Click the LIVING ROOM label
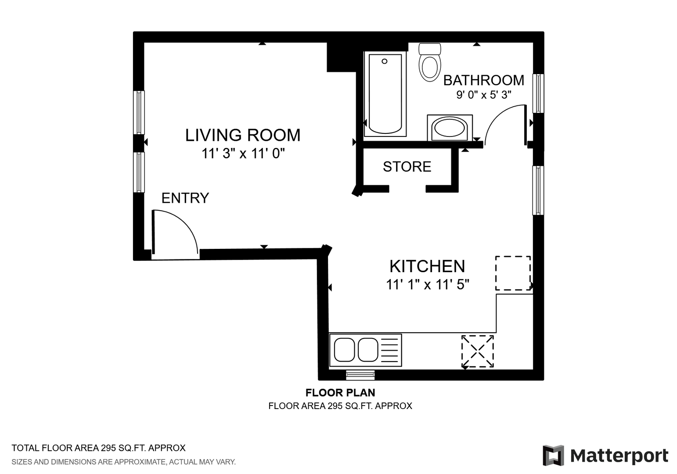(x=243, y=135)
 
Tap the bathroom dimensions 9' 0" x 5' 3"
(x=483, y=95)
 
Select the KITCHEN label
(x=427, y=266)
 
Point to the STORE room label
(x=407, y=167)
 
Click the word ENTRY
(x=185, y=198)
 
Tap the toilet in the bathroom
(x=429, y=62)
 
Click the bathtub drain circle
(x=385, y=61)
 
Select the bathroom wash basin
(x=450, y=128)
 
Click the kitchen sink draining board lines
(x=389, y=350)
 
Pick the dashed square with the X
(x=478, y=351)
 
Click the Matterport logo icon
(x=553, y=455)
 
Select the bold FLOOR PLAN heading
(x=340, y=392)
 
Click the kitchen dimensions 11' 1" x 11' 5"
(x=427, y=284)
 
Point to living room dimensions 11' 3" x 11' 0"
(x=243, y=154)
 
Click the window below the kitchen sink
(x=360, y=375)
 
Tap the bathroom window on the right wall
(x=538, y=93)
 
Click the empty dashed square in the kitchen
(x=513, y=273)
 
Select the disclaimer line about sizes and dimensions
(x=124, y=462)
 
